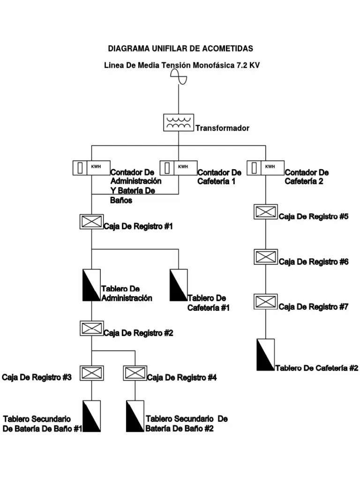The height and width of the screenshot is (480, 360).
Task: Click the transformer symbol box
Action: coord(179,122)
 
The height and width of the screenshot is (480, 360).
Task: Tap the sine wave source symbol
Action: coord(179,76)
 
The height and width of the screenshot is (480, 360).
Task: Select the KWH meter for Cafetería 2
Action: coord(266,167)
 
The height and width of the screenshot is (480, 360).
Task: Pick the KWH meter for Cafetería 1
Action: coord(179,167)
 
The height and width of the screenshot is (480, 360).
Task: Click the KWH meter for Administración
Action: coord(91,167)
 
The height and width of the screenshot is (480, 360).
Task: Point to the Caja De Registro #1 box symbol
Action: coord(91,221)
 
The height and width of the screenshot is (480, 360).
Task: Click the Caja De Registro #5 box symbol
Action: coord(266,211)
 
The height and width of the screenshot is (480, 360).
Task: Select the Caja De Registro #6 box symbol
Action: coord(266,256)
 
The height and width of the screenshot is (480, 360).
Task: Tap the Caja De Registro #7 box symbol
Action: coord(266,301)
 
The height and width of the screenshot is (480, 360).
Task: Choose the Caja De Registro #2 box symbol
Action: coord(91,328)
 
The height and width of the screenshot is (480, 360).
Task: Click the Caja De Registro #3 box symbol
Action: coord(91,373)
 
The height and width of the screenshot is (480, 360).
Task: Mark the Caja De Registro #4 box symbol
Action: coord(135,373)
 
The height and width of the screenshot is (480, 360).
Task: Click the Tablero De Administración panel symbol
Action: coord(91,285)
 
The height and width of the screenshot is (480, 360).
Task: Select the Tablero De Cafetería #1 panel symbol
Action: coord(179,285)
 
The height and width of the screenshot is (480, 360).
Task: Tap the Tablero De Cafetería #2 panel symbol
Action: coord(266,354)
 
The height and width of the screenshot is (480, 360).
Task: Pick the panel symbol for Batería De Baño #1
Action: coord(91,416)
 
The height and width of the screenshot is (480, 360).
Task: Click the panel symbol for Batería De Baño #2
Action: coord(135,416)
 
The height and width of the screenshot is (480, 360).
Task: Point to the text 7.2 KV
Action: coord(248,66)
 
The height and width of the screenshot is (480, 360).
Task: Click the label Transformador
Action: coord(222,128)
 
